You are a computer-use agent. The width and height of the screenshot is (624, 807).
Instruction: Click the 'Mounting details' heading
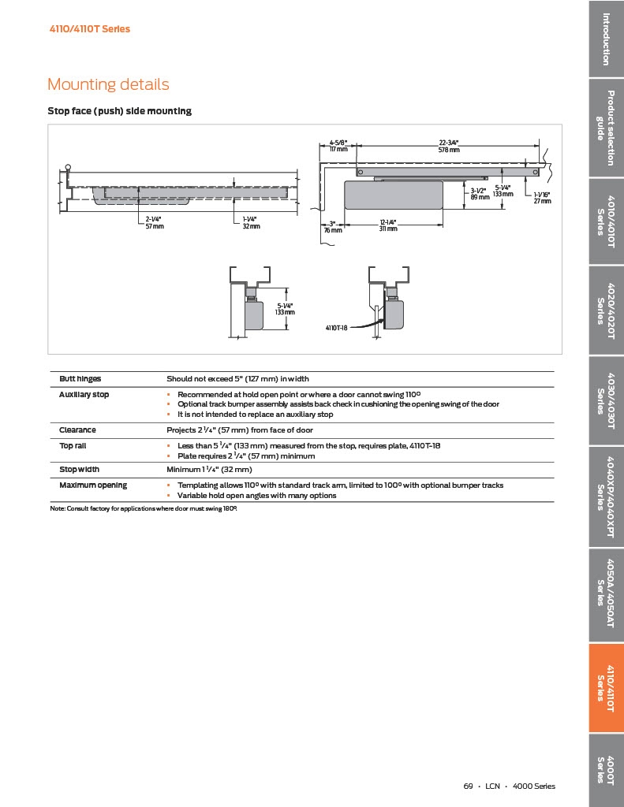[108, 84]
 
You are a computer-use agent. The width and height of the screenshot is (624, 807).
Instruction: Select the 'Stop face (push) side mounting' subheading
[119, 111]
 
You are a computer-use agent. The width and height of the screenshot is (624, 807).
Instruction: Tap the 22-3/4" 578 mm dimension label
[448, 146]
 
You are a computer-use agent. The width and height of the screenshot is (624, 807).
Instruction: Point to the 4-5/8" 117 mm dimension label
[338, 146]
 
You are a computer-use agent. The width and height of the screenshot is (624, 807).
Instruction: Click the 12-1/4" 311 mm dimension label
[387, 225]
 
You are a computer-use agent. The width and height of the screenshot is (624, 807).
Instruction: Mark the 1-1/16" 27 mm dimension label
[542, 198]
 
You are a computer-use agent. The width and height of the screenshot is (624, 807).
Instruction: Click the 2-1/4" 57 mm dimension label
[155, 223]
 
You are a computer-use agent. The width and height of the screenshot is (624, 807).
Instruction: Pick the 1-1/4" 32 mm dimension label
[251, 223]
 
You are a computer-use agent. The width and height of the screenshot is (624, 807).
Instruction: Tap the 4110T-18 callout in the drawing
[337, 326]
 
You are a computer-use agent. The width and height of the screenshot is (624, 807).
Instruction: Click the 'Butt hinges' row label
[80, 379]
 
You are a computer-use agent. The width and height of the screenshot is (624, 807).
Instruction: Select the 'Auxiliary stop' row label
[84, 394]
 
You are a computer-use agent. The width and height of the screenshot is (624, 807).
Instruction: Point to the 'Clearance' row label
[77, 430]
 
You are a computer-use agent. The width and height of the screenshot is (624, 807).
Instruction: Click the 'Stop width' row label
[79, 470]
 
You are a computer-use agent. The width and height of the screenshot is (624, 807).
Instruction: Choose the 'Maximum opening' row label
[92, 485]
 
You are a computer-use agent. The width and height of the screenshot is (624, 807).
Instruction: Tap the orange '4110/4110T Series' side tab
[606, 688]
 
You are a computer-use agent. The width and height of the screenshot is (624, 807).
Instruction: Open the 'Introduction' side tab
[606, 39]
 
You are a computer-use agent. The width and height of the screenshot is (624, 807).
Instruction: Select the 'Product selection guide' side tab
[606, 128]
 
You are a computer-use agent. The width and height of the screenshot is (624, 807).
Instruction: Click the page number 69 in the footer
[468, 786]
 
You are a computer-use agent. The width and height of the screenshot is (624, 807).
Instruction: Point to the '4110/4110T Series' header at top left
[90, 29]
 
